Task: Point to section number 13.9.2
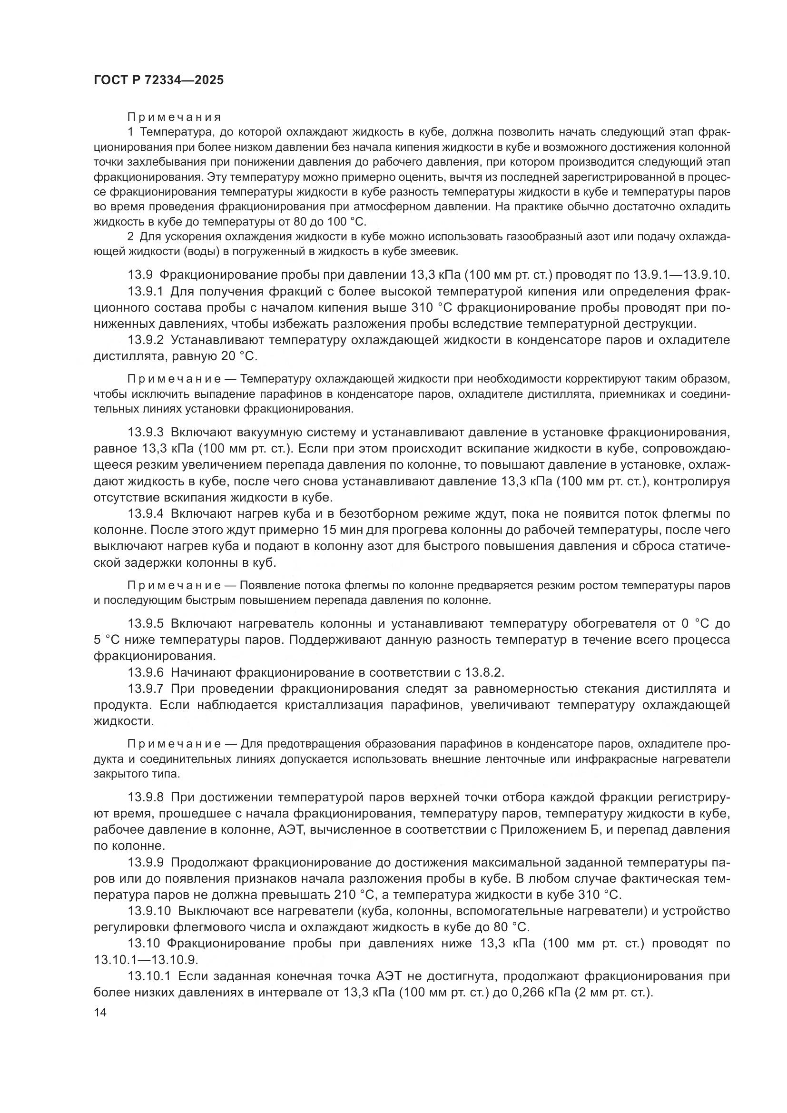pyautogui.click(x=146, y=340)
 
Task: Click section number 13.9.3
pyautogui.click(x=146, y=432)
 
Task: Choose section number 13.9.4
pyautogui.click(x=146, y=513)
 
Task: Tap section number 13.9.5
pyautogui.click(x=146, y=623)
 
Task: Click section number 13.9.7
pyautogui.click(x=146, y=689)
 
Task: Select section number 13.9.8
pyautogui.click(x=146, y=797)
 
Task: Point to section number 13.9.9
pyautogui.click(x=146, y=862)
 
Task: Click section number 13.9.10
pyautogui.click(x=150, y=911)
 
